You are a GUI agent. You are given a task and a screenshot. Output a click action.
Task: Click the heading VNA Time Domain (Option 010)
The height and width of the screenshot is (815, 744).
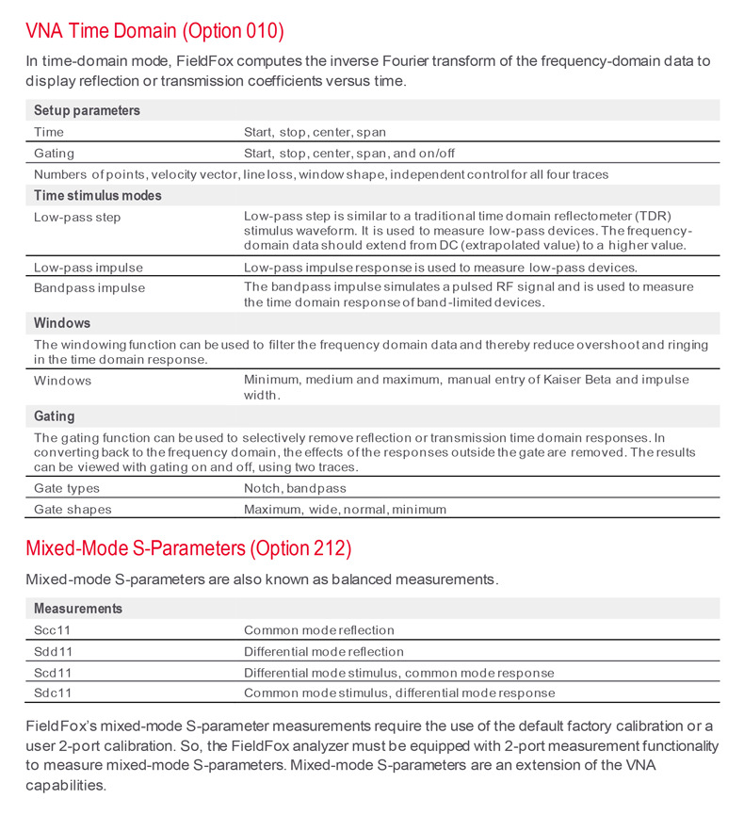pyautogui.click(x=154, y=30)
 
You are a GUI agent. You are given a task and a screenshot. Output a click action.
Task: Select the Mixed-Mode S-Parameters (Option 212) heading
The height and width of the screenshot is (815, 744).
pyautogui.click(x=188, y=548)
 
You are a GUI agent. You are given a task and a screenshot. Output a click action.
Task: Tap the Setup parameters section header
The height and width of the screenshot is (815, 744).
pyautogui.click(x=87, y=110)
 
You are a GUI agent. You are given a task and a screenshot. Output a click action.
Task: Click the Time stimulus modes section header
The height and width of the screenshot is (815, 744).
pyautogui.click(x=98, y=195)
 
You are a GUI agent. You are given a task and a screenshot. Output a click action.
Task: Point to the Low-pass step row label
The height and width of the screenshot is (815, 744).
pyautogui.click(x=77, y=218)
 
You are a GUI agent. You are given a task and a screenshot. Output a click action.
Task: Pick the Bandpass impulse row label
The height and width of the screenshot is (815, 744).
pyautogui.click(x=89, y=287)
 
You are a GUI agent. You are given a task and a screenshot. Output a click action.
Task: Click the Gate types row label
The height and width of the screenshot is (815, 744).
pyautogui.click(x=67, y=488)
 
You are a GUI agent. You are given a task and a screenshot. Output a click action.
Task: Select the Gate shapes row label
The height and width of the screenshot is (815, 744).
pyautogui.click(x=73, y=509)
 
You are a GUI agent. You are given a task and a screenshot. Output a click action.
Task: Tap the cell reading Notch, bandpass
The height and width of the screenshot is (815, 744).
pyautogui.click(x=295, y=488)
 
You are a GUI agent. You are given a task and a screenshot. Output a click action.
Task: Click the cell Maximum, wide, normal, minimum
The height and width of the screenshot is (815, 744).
pyautogui.click(x=345, y=509)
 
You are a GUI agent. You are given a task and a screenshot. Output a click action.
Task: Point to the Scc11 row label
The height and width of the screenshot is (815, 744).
pyautogui.click(x=53, y=630)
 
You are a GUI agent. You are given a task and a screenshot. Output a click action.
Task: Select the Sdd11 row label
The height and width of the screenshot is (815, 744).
pyautogui.click(x=53, y=651)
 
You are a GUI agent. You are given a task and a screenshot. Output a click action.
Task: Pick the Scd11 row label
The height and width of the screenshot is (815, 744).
pyautogui.click(x=53, y=673)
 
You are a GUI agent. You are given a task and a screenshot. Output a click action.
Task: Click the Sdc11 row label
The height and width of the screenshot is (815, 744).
pyautogui.click(x=53, y=693)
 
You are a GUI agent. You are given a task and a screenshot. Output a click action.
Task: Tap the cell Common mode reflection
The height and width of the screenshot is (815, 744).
pyautogui.click(x=318, y=630)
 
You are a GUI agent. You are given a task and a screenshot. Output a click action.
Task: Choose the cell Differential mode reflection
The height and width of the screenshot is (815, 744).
pyautogui.click(x=323, y=651)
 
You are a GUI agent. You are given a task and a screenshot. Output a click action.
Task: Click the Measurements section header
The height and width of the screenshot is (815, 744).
pyautogui.click(x=78, y=609)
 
